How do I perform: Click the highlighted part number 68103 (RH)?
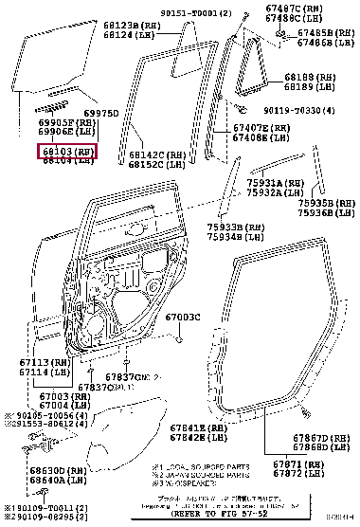point(66,151)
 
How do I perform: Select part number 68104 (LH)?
point(66,160)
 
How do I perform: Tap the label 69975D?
point(101,113)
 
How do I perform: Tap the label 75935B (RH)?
point(322,202)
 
